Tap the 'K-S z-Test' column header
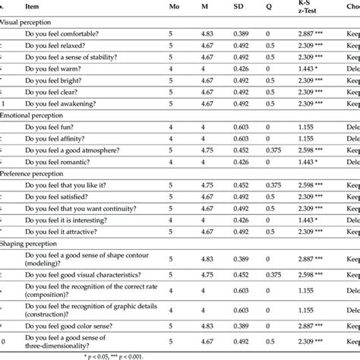311,7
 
